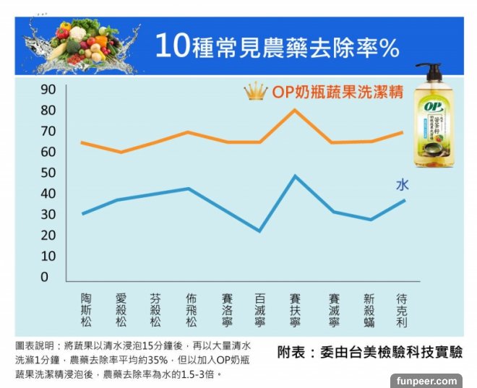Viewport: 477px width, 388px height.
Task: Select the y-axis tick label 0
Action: (x=44, y=277)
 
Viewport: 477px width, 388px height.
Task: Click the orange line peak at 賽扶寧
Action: (x=294, y=110)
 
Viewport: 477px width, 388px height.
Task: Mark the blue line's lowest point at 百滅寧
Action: (x=259, y=230)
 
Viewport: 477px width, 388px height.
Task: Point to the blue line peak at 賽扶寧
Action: (x=294, y=176)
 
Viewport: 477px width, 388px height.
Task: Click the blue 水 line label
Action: (x=402, y=185)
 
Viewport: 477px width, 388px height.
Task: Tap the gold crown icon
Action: (x=256, y=92)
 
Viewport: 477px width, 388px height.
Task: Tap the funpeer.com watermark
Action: (x=426, y=380)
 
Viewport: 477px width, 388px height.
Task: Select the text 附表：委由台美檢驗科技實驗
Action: (x=369, y=352)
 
